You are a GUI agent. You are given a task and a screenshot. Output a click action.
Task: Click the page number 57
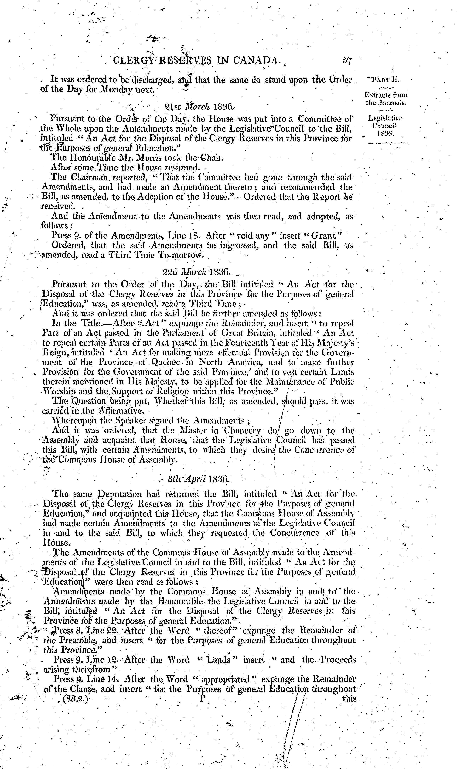347,61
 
